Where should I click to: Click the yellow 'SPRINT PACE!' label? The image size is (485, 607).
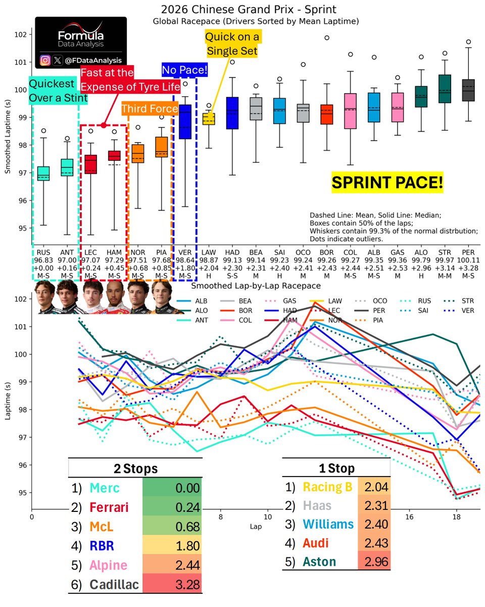[x=387, y=183]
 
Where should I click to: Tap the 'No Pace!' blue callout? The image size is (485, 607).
[x=184, y=70]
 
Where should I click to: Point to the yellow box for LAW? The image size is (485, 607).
[x=209, y=119]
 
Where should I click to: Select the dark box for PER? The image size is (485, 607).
[x=468, y=90]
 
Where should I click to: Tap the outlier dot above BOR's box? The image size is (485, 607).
[x=327, y=37]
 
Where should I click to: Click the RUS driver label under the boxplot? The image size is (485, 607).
[x=42, y=251]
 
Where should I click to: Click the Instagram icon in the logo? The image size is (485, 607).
[x=45, y=60]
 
